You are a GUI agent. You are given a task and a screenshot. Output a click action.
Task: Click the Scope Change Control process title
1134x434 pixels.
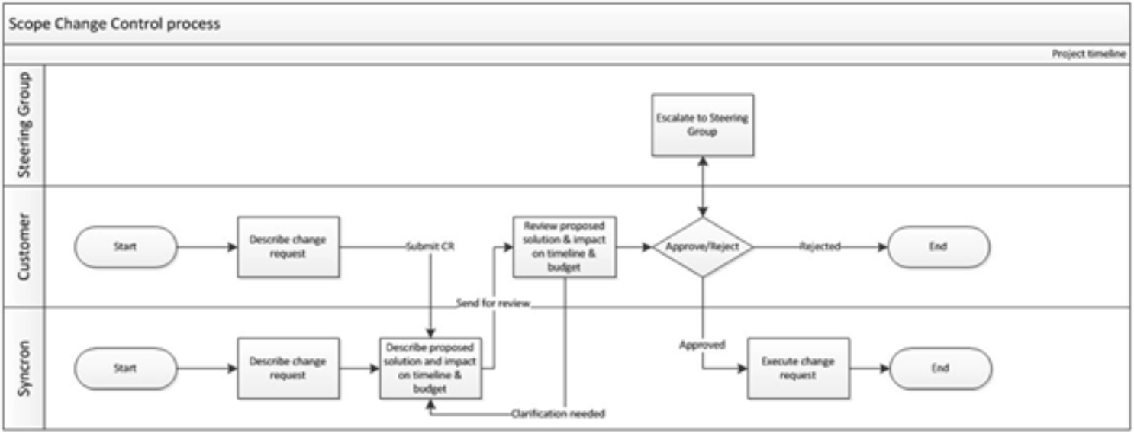tap(114, 24)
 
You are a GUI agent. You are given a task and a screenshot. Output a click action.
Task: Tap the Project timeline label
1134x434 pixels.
tap(1088, 54)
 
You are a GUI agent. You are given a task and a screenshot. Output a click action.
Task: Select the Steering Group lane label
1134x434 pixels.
tap(24, 125)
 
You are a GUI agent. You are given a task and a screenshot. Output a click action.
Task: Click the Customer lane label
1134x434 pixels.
tap(24, 246)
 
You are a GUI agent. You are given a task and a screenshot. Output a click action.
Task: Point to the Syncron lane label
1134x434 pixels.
tap(24, 368)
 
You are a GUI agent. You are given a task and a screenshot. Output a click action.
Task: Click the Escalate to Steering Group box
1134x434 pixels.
tap(702, 124)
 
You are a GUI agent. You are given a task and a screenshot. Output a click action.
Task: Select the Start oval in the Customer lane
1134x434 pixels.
tap(125, 247)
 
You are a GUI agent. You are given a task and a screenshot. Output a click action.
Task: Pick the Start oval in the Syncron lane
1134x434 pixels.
tap(125, 368)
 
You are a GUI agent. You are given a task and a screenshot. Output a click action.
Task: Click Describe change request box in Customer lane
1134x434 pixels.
tap(288, 246)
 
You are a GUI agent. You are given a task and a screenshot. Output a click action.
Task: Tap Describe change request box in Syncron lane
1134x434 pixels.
tap(288, 368)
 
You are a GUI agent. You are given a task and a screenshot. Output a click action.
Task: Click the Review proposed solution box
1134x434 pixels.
tap(565, 246)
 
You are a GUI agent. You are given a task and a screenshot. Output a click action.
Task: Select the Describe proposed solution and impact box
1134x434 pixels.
tap(431, 368)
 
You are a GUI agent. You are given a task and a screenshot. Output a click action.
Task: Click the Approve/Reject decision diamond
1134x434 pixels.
tap(703, 247)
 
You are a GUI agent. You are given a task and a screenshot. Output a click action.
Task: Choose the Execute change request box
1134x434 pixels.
tap(798, 368)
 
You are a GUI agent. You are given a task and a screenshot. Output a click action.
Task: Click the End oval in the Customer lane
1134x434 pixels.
tap(939, 247)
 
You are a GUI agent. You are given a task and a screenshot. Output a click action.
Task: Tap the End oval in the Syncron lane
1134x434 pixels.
tap(940, 368)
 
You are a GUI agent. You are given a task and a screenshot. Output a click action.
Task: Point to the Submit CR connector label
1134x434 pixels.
tap(431, 247)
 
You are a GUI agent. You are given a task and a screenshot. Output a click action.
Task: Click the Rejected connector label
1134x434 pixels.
tap(819, 247)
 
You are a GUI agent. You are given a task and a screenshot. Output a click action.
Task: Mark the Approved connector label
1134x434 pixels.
tap(702, 345)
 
